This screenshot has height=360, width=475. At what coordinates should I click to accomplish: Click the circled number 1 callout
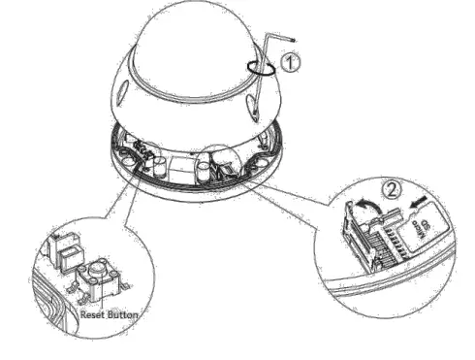click(290, 61)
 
